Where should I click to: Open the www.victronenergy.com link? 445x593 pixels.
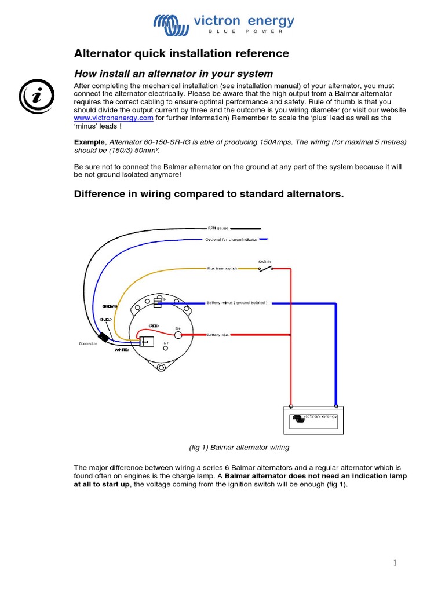coord(114,118)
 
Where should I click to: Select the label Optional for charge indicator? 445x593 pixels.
coord(232,239)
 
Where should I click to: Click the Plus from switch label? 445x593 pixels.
coord(223,269)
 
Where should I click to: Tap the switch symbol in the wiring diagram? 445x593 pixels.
coord(265,268)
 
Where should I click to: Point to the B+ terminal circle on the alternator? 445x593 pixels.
coord(178,335)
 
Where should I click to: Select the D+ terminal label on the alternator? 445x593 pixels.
coord(166,343)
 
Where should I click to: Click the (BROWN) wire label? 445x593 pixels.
coord(110,305)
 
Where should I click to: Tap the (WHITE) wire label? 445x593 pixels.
coord(122,349)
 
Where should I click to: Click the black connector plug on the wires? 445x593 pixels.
coord(104,338)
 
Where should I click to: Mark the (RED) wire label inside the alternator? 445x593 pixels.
coord(154,325)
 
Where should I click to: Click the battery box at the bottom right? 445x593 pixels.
coord(313,420)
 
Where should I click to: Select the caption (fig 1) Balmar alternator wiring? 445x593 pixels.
coord(239,448)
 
